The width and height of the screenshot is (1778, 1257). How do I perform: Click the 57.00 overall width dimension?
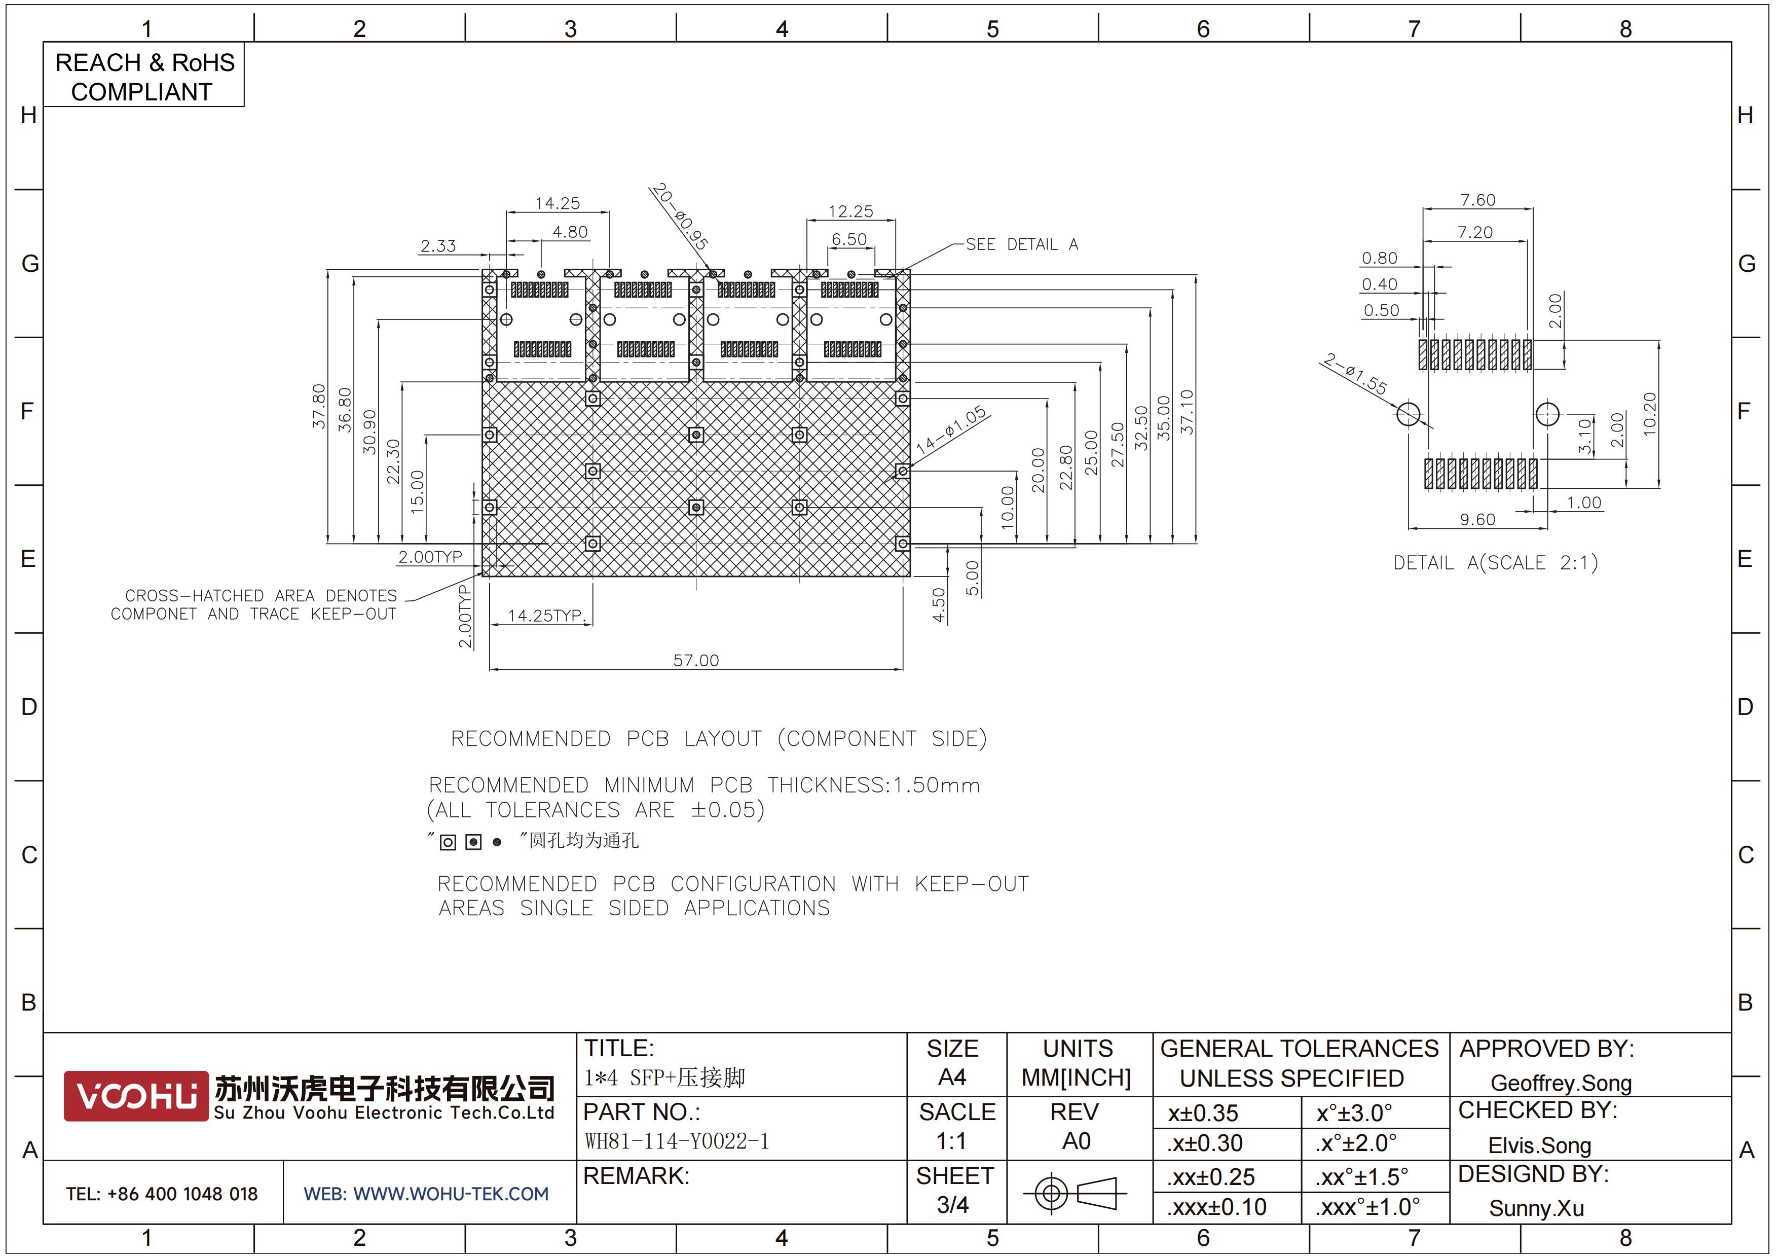695,661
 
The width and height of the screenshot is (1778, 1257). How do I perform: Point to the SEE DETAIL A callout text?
1021,245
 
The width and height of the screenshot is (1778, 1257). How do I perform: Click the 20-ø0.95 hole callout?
679,216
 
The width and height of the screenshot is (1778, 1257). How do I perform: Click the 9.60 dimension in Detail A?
1477,520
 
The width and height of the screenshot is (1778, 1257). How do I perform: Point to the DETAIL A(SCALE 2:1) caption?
1495,562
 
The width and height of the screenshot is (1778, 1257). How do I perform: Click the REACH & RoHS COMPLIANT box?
144,76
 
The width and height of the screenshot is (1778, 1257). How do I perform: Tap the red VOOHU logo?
135,1096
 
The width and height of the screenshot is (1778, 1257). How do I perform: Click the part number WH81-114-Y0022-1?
676,1141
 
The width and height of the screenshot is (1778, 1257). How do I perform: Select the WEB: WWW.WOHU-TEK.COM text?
426,1194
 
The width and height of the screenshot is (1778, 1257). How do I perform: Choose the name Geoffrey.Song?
1561,1083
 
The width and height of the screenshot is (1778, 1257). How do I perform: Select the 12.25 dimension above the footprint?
850,211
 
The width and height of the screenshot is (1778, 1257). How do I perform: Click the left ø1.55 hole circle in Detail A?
1409,414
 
